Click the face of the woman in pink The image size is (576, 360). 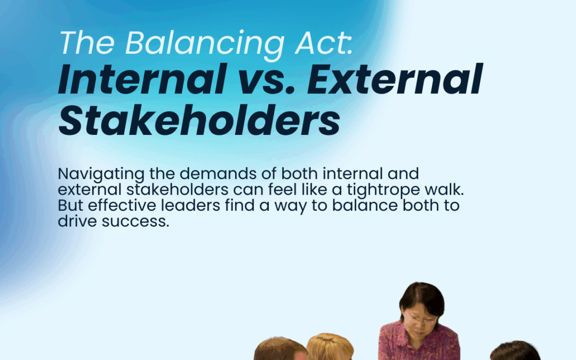pos(419,315)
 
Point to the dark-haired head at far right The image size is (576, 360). pos(515,351)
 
